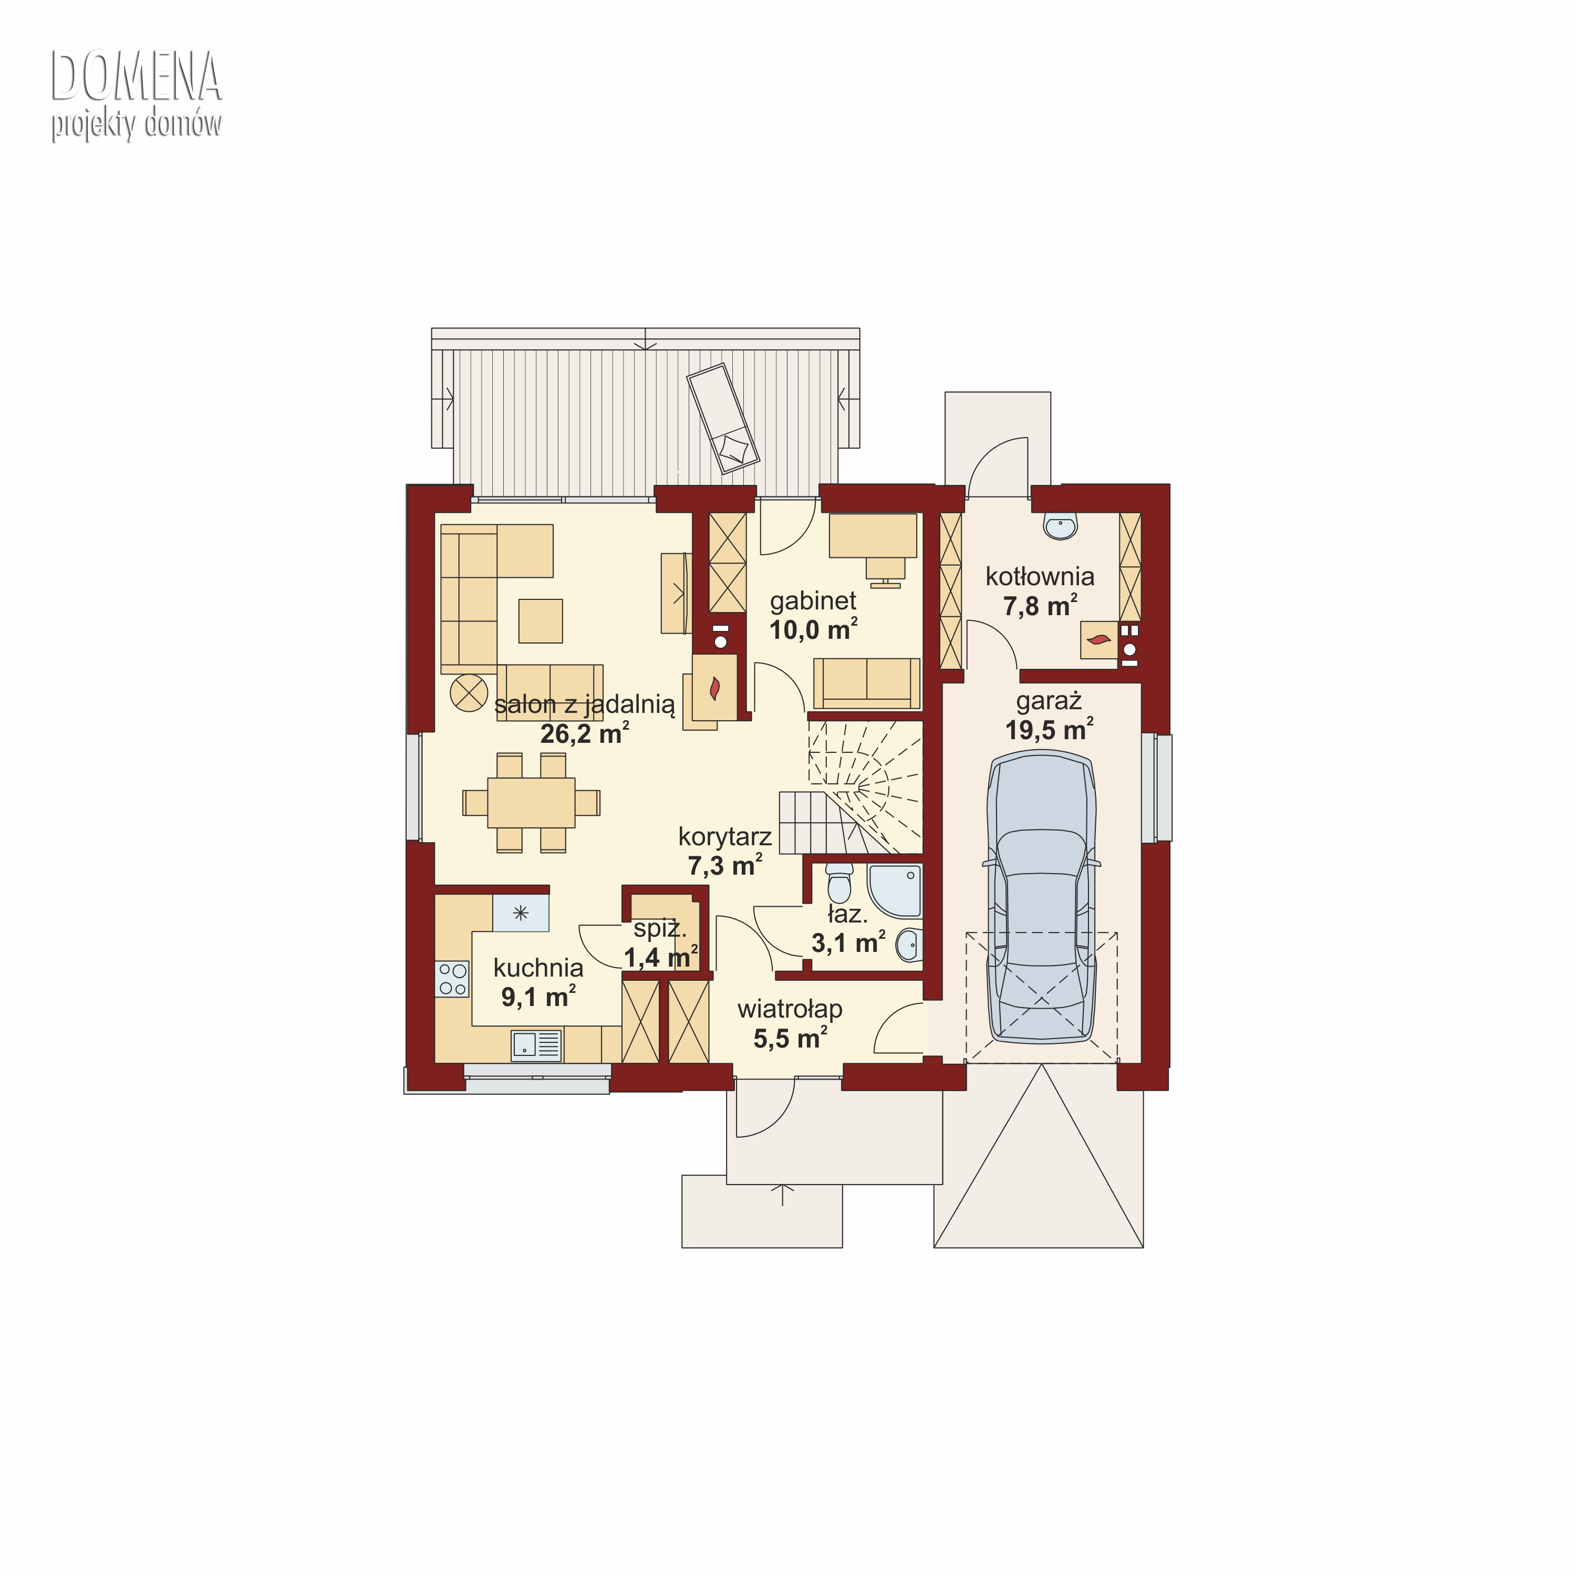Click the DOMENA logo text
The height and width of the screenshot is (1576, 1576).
pyautogui.click(x=136, y=77)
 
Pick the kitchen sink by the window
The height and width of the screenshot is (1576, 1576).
pyautogui.click(x=536, y=1045)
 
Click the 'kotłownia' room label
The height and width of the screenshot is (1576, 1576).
pyautogui.click(x=1040, y=577)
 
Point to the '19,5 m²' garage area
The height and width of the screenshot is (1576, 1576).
pyautogui.click(x=1049, y=729)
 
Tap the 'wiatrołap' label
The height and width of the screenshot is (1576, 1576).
pyautogui.click(x=790, y=1009)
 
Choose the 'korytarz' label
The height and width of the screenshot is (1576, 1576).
pyautogui.click(x=724, y=837)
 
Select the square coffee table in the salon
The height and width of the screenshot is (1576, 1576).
pyautogui.click(x=540, y=621)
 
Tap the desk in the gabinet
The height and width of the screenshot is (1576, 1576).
pyautogui.click(x=873, y=535)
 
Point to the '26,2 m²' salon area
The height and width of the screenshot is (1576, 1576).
pyautogui.click(x=584, y=733)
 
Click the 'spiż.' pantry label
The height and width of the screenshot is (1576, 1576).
pyautogui.click(x=660, y=928)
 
